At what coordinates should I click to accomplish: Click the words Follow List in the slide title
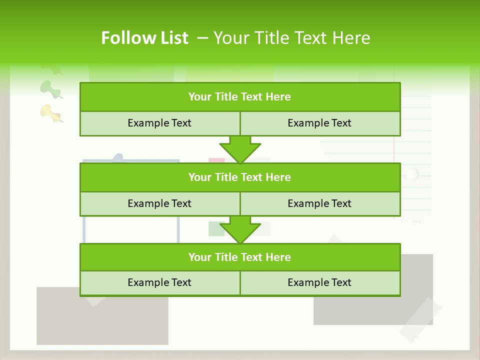tap(144, 38)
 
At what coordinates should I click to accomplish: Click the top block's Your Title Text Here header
tap(239, 97)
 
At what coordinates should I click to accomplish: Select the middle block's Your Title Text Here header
tap(239, 177)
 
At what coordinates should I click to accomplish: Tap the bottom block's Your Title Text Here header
tap(239, 257)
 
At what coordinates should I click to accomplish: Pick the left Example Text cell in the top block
tap(159, 123)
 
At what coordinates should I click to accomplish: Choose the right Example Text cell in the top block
tap(319, 123)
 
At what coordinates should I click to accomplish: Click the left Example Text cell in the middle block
tap(159, 203)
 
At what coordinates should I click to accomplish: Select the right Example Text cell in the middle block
tap(319, 203)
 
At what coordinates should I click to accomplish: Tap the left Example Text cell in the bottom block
tap(159, 282)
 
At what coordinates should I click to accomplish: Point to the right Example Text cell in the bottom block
tap(319, 282)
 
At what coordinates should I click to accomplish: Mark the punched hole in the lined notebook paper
tap(411, 174)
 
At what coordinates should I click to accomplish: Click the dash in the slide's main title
tap(202, 38)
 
